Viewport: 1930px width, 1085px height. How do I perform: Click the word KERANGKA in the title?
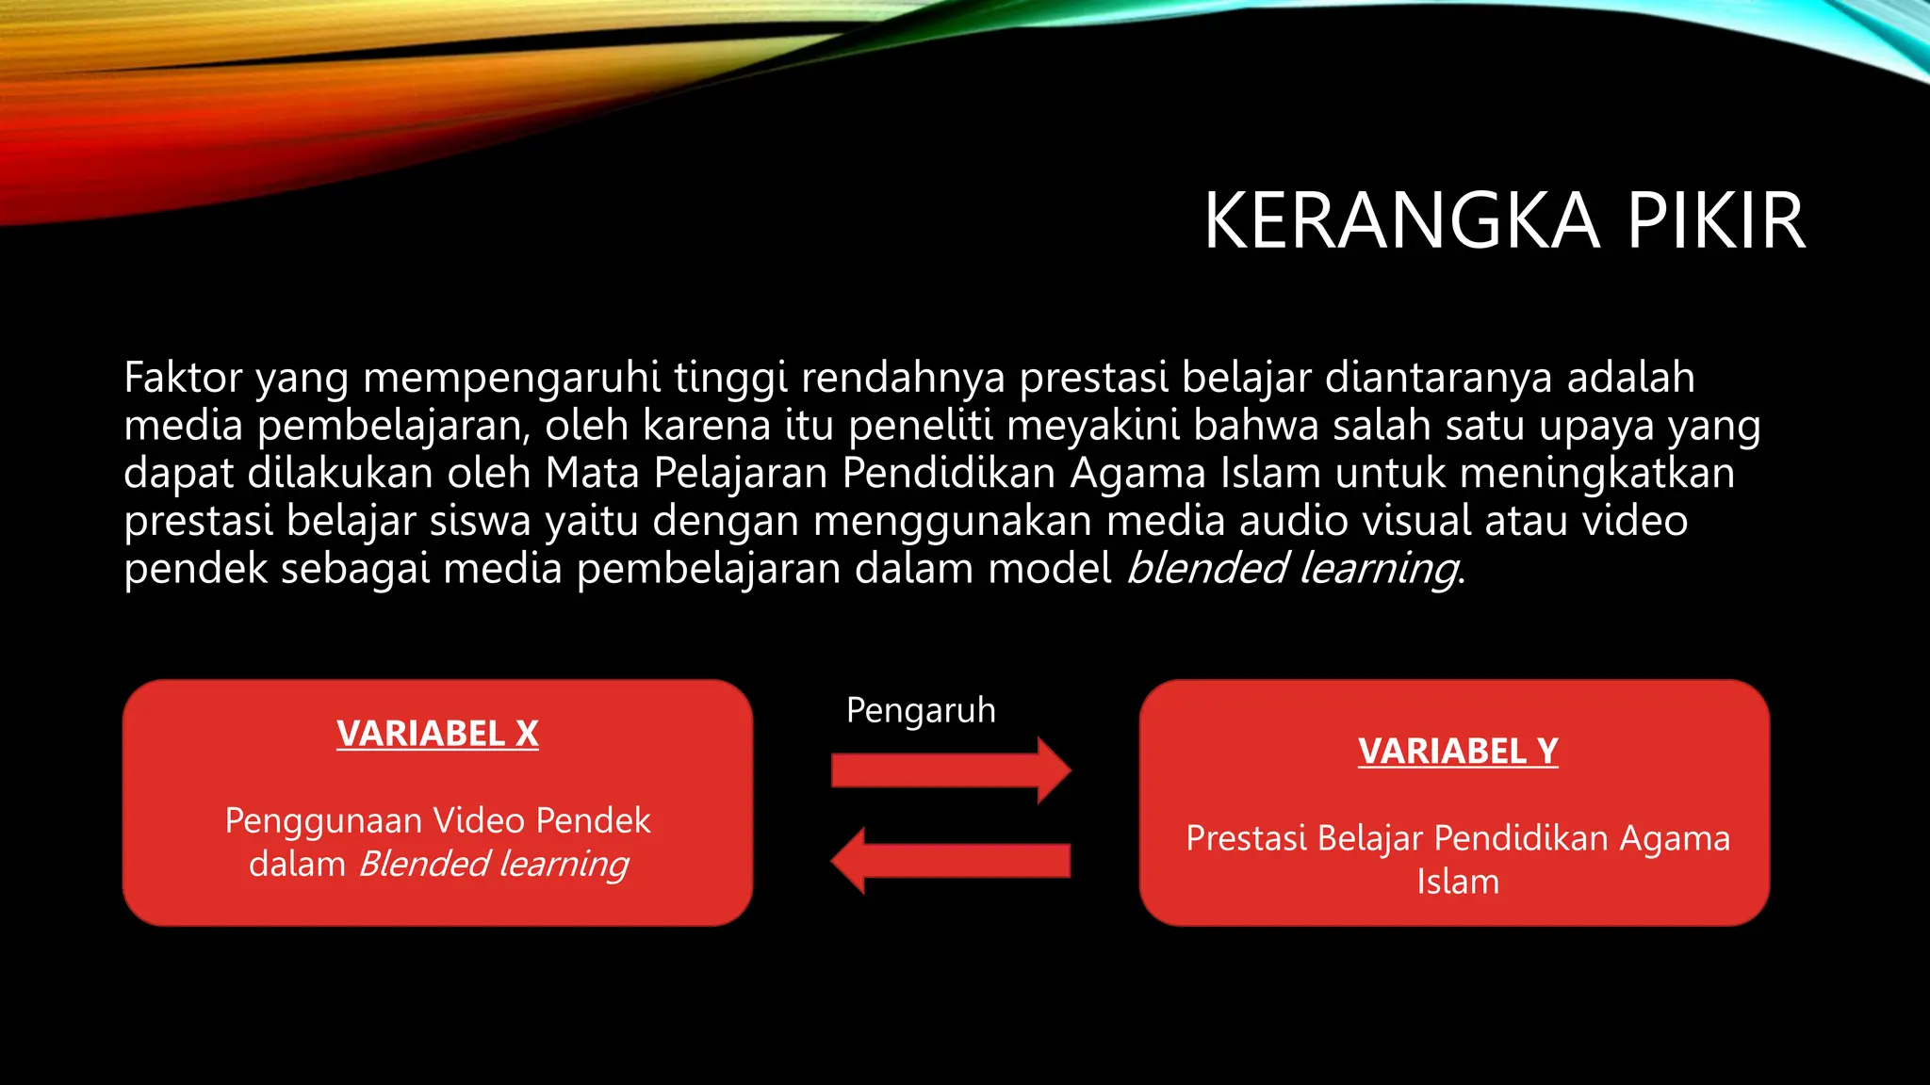(1401, 221)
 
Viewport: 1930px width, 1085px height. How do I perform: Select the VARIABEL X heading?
(437, 734)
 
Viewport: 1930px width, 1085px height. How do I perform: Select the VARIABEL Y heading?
(1458, 752)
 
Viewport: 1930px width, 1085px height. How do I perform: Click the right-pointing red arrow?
(951, 770)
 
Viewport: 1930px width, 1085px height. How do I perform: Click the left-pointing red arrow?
(951, 860)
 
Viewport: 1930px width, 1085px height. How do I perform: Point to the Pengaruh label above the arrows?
(921, 710)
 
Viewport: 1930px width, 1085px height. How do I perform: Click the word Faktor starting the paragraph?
(183, 378)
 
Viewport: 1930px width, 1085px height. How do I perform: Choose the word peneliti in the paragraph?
(920, 426)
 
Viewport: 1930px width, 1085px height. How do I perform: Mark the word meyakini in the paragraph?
(1092, 427)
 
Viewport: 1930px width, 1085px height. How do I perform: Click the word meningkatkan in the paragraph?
(1596, 474)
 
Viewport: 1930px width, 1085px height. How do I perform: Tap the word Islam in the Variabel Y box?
(1457, 883)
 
